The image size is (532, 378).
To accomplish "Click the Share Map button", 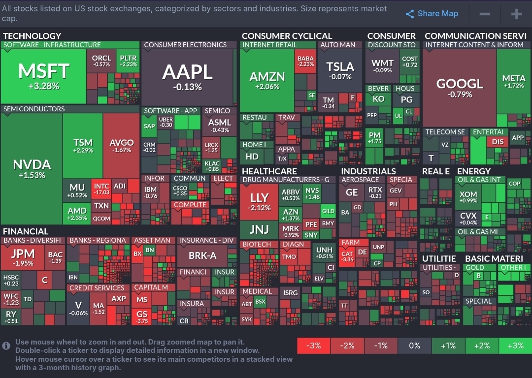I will [432, 14].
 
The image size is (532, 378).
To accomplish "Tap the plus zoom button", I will [516, 14].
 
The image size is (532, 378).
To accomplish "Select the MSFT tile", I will [43, 76].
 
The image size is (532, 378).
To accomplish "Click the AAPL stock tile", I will [188, 77].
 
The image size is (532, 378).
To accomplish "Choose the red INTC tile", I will [101, 189].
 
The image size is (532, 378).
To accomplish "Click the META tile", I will [513, 81].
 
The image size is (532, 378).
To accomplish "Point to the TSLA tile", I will [340, 70].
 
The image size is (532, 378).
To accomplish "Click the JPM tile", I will [23, 257].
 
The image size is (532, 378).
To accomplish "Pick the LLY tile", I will [259, 201].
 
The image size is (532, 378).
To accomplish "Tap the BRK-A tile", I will [202, 256].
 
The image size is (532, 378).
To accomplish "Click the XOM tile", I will [468, 197].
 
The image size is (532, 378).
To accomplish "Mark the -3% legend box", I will [313, 346].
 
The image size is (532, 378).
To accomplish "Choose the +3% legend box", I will [515, 346].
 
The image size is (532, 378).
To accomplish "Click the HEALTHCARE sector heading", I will [269, 171].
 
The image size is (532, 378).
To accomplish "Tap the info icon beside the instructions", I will [6, 346].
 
